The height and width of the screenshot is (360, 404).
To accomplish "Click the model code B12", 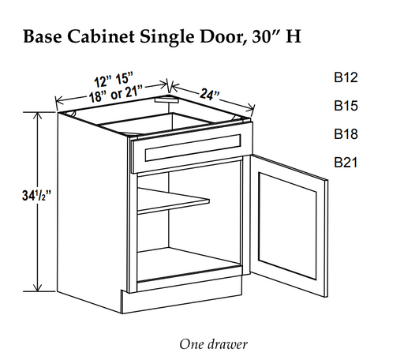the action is (x=346, y=77).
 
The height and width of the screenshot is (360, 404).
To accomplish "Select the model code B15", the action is (x=346, y=106).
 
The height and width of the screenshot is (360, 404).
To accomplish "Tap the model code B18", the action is (x=346, y=134).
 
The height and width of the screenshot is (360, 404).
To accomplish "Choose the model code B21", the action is (x=346, y=162).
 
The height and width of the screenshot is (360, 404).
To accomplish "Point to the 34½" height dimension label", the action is (x=36, y=196).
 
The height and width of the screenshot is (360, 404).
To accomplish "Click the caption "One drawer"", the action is (x=213, y=344).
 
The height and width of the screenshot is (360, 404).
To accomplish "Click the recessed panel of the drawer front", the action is (x=193, y=148).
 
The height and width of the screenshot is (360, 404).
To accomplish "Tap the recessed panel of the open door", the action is (x=287, y=226).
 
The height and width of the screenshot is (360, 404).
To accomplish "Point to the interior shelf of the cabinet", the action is (x=173, y=201).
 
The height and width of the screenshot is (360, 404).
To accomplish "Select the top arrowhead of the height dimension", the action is (x=39, y=117).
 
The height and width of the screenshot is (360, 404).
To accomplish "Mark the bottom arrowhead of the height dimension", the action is (x=39, y=287).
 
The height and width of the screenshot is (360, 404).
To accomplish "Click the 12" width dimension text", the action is (x=102, y=82).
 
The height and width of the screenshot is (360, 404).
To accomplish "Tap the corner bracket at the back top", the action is (x=166, y=99).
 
